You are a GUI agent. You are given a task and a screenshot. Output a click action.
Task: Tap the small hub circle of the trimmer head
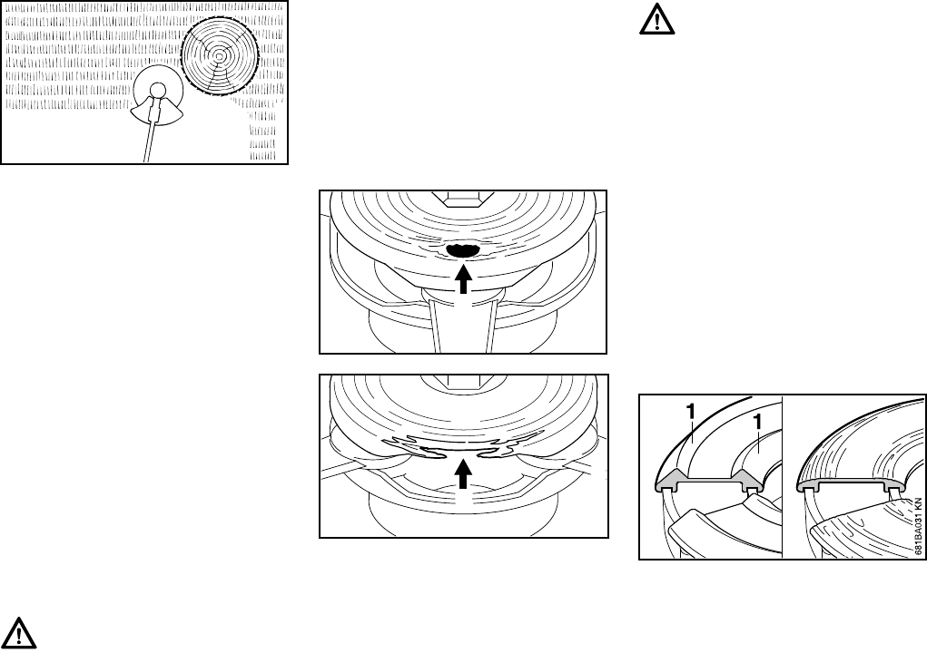point(157,90)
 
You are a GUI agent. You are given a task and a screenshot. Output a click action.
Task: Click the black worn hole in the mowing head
point(463,249)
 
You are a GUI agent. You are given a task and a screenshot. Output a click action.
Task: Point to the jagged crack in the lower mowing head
point(463,446)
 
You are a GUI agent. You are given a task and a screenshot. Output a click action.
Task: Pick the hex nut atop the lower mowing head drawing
point(463,379)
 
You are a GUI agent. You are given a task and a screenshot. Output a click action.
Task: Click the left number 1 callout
point(690,411)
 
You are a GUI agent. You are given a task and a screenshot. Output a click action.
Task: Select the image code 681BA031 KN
point(918,526)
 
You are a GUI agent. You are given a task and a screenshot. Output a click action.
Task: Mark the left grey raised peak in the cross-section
point(672,478)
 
